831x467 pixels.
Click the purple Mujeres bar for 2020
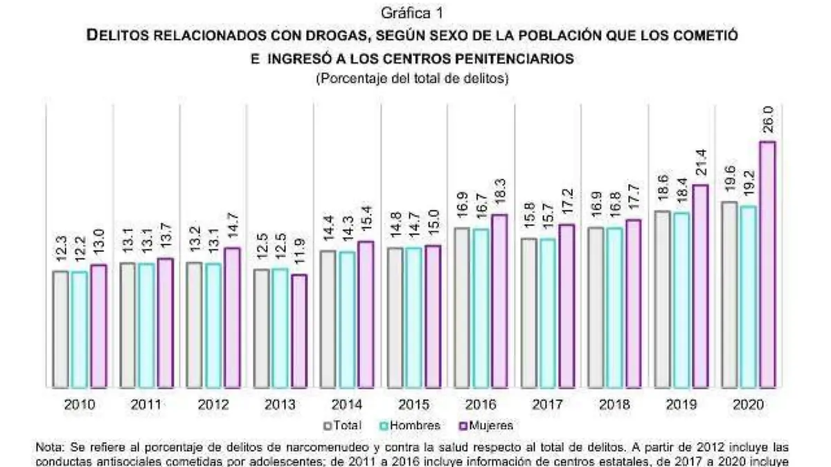pyautogui.click(x=767, y=264)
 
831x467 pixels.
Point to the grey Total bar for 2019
pyautogui.click(x=662, y=299)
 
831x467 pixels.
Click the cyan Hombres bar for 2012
pyautogui.click(x=213, y=325)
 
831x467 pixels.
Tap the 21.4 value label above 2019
pyautogui.click(x=700, y=165)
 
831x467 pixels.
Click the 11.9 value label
pyautogui.click(x=299, y=255)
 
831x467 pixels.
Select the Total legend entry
pyautogui.click(x=343, y=425)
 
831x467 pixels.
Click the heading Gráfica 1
pyautogui.click(x=413, y=13)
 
